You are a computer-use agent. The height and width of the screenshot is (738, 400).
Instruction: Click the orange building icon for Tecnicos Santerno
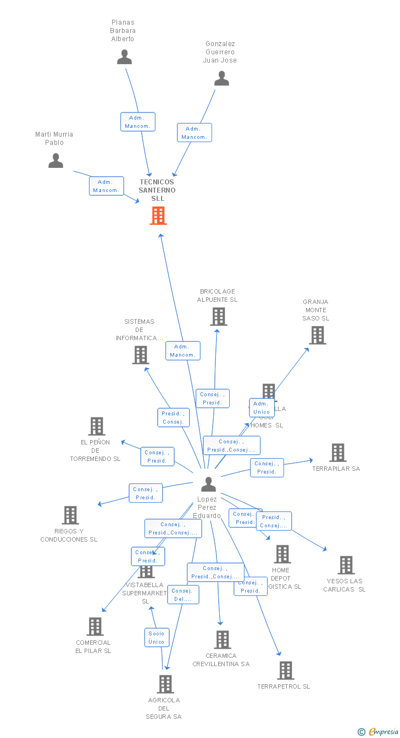(x=158, y=216)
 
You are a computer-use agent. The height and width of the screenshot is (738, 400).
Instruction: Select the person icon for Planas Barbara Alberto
(x=125, y=57)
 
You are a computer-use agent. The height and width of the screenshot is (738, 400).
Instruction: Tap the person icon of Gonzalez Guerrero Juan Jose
(x=221, y=78)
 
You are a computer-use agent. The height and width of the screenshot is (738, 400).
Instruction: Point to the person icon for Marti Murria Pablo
(x=55, y=160)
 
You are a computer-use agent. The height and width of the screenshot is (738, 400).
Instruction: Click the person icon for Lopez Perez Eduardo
(x=208, y=485)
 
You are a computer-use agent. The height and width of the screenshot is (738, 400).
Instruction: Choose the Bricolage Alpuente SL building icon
(x=219, y=317)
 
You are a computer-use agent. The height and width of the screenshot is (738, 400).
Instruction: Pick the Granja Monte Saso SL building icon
(x=317, y=335)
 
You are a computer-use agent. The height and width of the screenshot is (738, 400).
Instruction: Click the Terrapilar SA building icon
(x=337, y=453)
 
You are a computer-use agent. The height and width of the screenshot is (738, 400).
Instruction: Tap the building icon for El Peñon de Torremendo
(x=97, y=426)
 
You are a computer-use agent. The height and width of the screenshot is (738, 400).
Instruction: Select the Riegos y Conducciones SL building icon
(x=70, y=515)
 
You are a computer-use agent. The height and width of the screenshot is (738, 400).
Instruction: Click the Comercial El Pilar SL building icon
(x=95, y=627)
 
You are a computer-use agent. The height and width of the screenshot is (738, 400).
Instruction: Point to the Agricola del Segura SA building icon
(x=165, y=684)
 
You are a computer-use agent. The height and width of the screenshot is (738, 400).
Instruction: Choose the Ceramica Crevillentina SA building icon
(x=222, y=640)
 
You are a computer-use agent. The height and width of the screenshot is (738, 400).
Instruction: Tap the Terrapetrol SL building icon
(x=285, y=671)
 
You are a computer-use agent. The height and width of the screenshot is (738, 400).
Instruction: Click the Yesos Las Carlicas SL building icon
(x=346, y=565)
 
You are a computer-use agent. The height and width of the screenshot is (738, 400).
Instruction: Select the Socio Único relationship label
(x=156, y=638)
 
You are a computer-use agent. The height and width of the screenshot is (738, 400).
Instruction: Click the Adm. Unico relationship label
(x=262, y=408)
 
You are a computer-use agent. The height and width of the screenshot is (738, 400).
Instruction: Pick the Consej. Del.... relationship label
(x=183, y=595)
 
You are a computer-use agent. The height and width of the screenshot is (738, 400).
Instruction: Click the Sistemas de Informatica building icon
(x=141, y=355)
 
